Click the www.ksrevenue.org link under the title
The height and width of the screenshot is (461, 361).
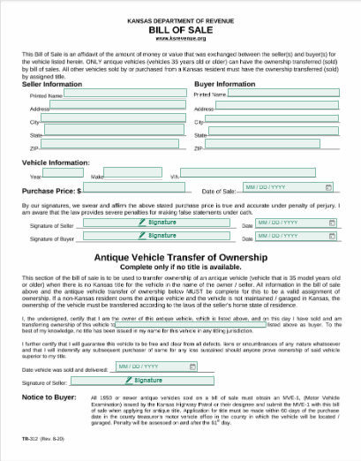click(x=180, y=38)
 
